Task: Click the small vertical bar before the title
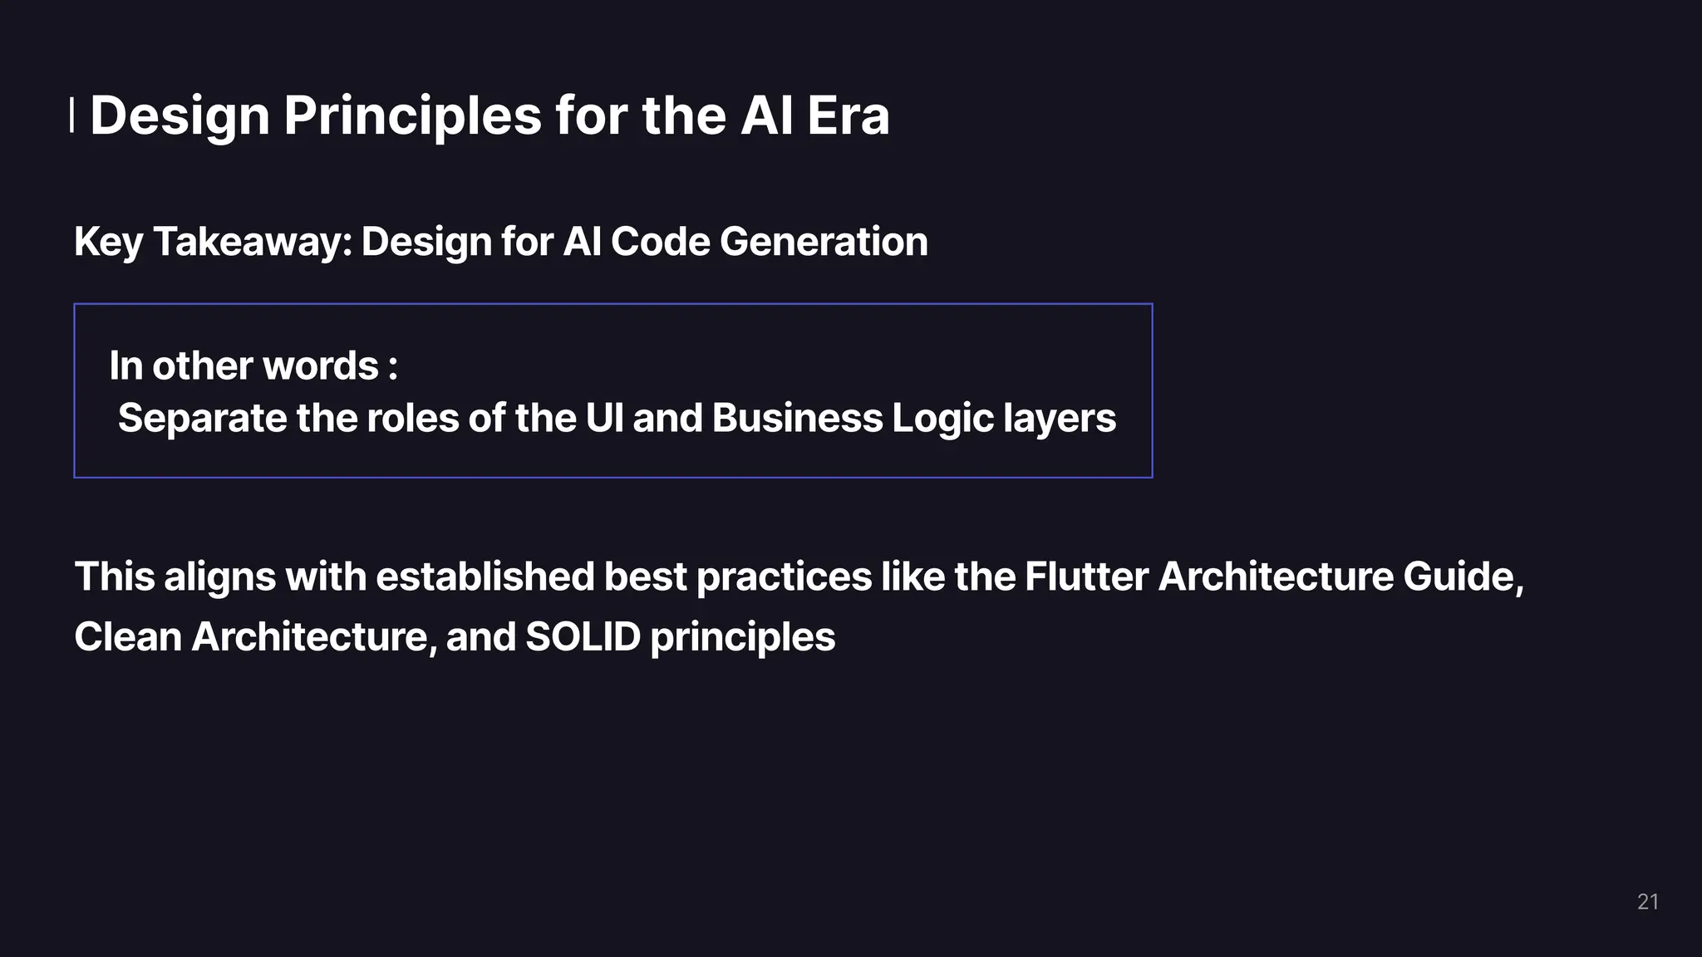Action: click(71, 115)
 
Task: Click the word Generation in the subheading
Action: click(824, 242)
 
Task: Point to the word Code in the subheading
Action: click(660, 242)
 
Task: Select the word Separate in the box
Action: click(202, 418)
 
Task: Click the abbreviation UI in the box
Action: click(604, 418)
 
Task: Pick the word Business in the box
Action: click(796, 418)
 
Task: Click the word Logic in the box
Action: click(942, 418)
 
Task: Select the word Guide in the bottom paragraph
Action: click(1460, 577)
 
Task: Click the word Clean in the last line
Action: click(128, 637)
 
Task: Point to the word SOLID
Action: click(583, 637)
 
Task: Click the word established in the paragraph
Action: click(485, 577)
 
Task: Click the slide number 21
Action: click(1647, 902)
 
